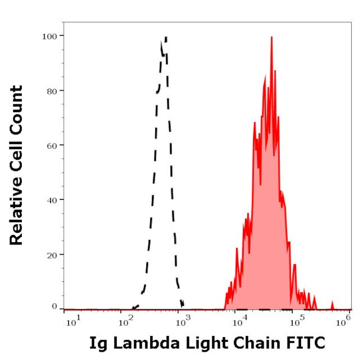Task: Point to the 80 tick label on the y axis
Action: [x=51, y=90]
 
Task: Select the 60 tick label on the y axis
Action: [x=51, y=145]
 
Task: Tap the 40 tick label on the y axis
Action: [x=51, y=199]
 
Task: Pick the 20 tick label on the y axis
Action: [x=51, y=254]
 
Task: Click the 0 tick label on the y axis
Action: [x=54, y=306]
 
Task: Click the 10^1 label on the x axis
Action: [x=71, y=323]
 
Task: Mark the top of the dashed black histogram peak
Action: [x=165, y=38]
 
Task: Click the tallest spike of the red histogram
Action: [x=271, y=38]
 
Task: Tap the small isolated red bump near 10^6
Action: [x=332, y=304]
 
